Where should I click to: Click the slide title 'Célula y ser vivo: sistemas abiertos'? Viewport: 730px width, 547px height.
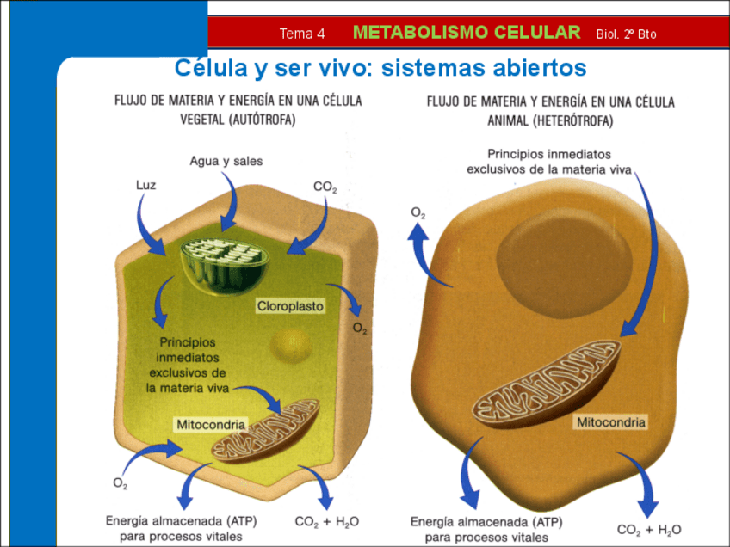click(380, 67)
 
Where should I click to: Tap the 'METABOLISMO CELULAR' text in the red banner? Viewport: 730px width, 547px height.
click(467, 33)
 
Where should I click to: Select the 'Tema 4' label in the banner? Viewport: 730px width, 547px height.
click(302, 34)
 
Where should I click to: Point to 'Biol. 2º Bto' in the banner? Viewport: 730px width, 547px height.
click(626, 34)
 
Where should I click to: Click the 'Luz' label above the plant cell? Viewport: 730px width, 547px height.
click(146, 184)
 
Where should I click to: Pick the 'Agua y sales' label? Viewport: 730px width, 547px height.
click(226, 161)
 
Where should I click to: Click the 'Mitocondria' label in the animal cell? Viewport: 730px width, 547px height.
click(610, 422)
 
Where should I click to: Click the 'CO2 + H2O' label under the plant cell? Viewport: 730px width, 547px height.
click(326, 522)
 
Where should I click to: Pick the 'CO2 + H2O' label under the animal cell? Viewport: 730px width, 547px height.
click(649, 529)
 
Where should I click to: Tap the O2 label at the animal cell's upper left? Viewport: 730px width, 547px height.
click(418, 212)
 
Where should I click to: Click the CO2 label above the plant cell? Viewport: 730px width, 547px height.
click(325, 186)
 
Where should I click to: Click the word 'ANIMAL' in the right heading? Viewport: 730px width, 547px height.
click(504, 122)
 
